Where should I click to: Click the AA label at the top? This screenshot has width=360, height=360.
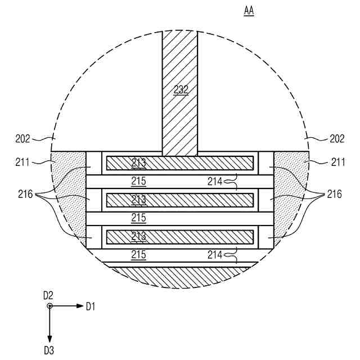click(x=249, y=11)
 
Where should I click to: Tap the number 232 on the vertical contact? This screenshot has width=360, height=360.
click(x=181, y=90)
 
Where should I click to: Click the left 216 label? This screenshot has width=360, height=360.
click(x=25, y=194)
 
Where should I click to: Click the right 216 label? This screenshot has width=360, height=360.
click(x=335, y=194)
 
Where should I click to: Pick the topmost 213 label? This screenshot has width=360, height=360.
click(x=139, y=163)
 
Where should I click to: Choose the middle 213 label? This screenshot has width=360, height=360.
click(x=139, y=200)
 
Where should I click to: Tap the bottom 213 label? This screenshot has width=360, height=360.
click(x=139, y=236)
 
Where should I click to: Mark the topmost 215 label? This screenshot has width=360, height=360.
click(x=139, y=181)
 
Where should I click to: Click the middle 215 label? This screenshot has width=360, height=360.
click(x=139, y=218)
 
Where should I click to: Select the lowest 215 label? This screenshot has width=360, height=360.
click(x=139, y=254)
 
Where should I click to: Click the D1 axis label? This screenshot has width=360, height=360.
click(x=91, y=307)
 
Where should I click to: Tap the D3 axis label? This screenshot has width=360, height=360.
click(x=49, y=350)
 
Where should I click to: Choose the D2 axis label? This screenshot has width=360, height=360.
click(x=48, y=295)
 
